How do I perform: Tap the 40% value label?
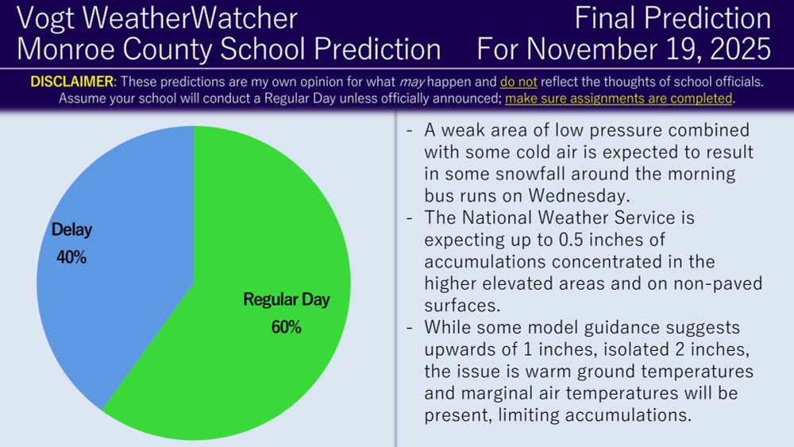pos(71,257)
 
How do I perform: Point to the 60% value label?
pos(286,327)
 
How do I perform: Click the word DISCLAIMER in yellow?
pos(72,82)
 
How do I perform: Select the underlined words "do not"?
pos(518,82)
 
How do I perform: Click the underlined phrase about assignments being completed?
pos(619,98)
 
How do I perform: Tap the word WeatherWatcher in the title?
pos(190,18)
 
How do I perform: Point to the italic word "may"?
pos(411,82)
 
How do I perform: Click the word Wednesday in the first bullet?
pos(576,196)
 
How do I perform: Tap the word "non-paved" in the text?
pos(718,283)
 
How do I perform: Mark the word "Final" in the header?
pos(604,18)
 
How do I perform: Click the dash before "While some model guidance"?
pos(409,328)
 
